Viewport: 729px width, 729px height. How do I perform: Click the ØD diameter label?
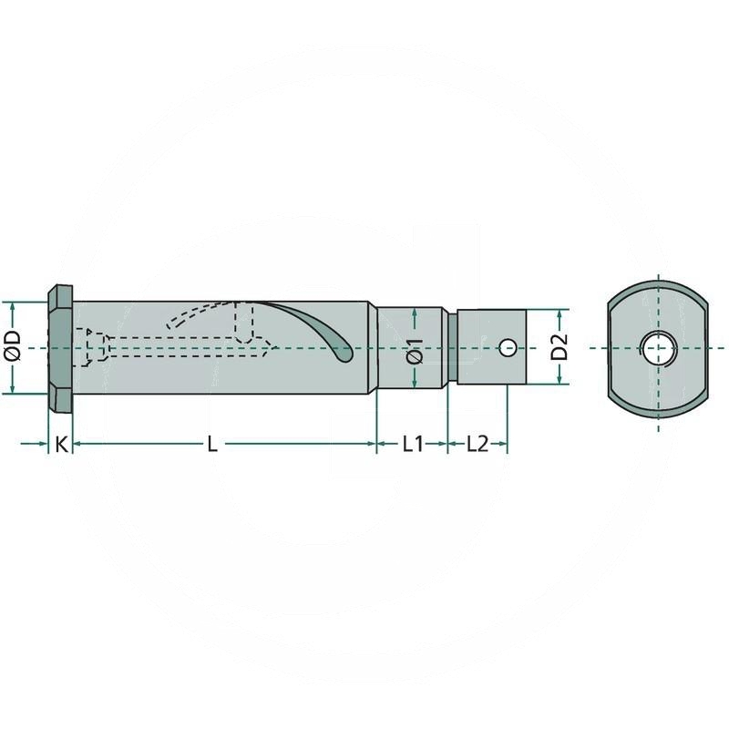13,347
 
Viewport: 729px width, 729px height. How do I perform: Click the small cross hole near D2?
508,347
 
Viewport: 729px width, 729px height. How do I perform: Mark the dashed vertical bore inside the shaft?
243,321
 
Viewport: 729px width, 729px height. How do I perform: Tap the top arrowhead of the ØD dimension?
13,307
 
